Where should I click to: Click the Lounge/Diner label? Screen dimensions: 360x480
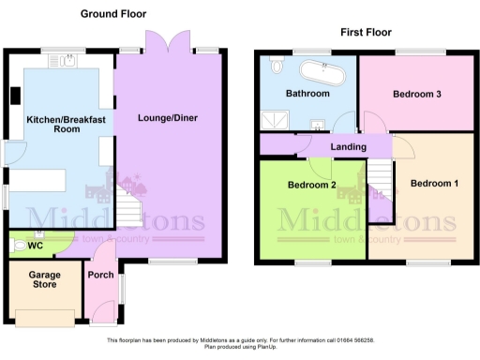[168, 119]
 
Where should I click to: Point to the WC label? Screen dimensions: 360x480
[37, 247]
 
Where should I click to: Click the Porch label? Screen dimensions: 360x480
[99, 276]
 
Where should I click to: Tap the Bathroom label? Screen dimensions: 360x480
[307, 95]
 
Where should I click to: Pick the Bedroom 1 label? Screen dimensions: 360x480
[434, 183]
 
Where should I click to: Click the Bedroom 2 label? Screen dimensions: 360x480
[312, 186]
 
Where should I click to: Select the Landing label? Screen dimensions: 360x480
[348, 146]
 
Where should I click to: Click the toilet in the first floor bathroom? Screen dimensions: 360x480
[277, 67]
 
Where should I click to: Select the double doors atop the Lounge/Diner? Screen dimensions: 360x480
[157, 43]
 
